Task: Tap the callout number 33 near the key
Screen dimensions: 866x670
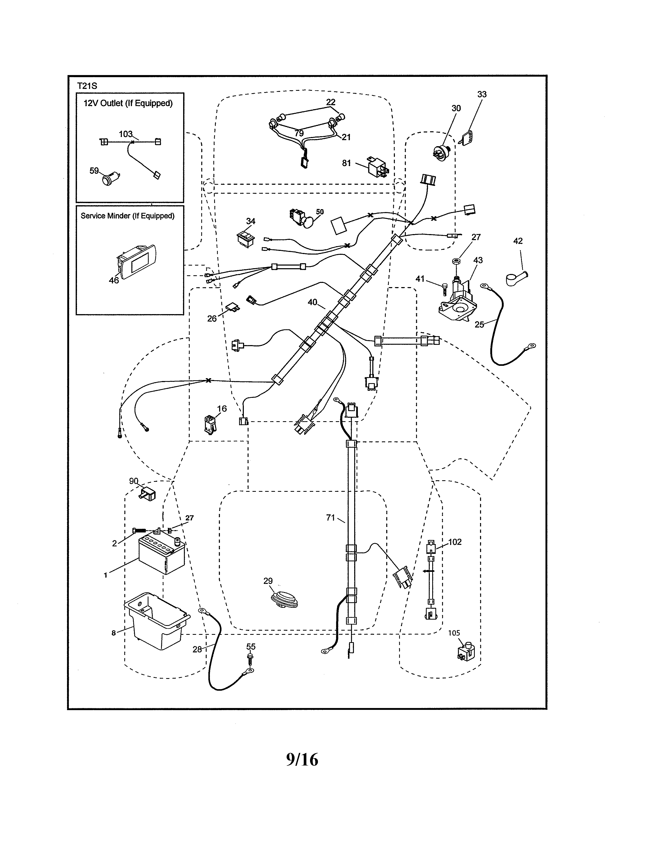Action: pos(482,94)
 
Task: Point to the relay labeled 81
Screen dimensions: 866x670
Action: pos(377,166)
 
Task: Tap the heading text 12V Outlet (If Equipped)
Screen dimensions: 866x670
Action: pos(128,103)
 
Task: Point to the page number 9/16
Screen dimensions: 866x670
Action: pos(302,760)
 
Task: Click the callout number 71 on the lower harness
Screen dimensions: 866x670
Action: pos(330,518)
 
